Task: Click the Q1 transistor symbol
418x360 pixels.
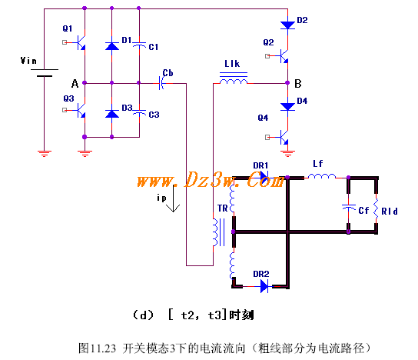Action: [80, 42]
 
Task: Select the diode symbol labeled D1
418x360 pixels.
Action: [112, 46]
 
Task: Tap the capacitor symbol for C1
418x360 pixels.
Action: [139, 45]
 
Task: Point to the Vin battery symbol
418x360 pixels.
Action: [45, 73]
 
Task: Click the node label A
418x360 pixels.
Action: [75, 84]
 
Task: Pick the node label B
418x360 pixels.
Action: [298, 84]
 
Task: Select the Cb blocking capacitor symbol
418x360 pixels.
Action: [161, 83]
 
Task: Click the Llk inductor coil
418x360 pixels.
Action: [234, 80]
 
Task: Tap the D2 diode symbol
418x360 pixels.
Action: [287, 25]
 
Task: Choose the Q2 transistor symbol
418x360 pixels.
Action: [283, 56]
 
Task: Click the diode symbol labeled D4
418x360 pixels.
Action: [287, 106]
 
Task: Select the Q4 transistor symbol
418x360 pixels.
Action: [283, 137]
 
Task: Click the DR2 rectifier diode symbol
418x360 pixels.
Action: [264, 287]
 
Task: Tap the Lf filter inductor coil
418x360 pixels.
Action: [322, 176]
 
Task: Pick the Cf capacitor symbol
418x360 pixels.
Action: [348, 207]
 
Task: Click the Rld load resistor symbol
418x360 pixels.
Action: [376, 209]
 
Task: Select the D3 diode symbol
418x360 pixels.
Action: [112, 114]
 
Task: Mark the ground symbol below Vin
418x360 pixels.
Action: [45, 153]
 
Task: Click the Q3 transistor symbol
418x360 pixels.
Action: [80, 110]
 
